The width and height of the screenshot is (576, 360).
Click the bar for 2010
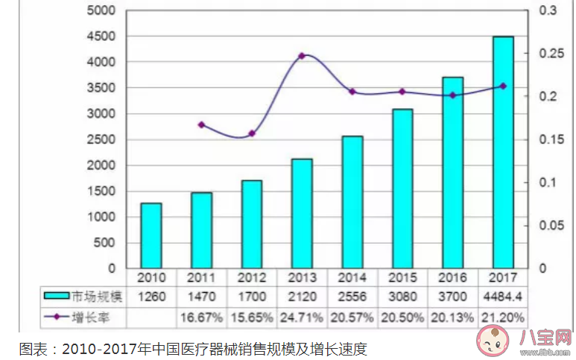coord(151,235)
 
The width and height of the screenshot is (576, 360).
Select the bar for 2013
coord(302,213)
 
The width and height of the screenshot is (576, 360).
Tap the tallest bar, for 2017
coord(503,152)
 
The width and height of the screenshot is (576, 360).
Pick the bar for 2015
coord(402,189)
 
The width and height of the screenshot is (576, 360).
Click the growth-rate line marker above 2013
coord(302,56)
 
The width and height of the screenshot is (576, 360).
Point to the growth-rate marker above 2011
coord(201,124)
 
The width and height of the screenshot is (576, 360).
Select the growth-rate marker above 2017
coord(503,86)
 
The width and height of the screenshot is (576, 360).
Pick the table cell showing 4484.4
coord(503,296)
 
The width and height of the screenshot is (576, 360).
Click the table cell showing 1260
coord(151,296)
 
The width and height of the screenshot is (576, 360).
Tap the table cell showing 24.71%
coord(302,318)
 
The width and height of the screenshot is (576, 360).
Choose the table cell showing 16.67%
coord(201,318)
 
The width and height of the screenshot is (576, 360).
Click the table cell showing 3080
coord(402,296)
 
